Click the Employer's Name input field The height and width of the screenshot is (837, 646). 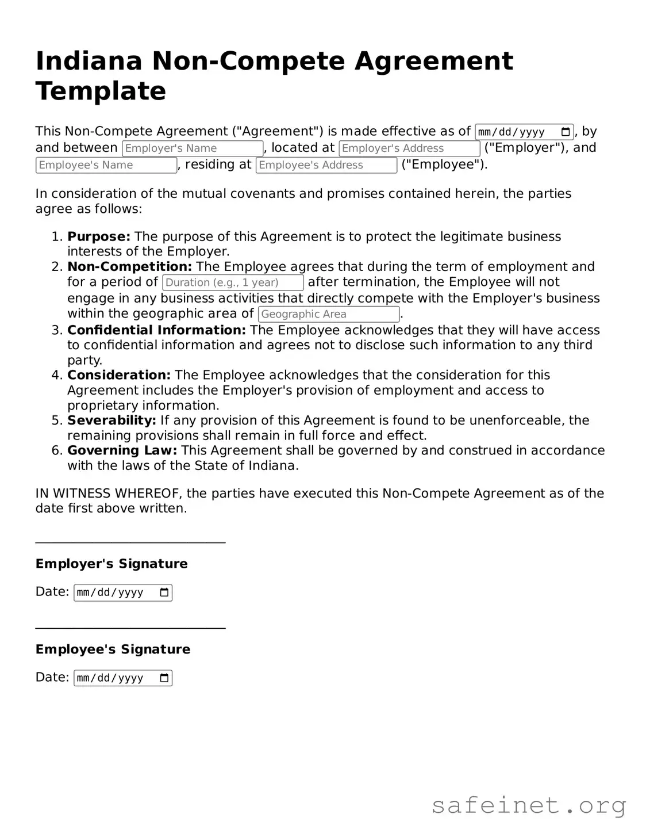tap(193, 148)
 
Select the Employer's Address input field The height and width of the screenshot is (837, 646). tap(409, 148)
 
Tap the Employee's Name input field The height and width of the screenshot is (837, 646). tap(106, 165)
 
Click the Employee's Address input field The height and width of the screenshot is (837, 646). tap(326, 165)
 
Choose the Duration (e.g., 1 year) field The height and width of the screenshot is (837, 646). tap(233, 282)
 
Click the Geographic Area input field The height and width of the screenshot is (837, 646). tap(329, 314)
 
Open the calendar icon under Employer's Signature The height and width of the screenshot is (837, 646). tap(164, 593)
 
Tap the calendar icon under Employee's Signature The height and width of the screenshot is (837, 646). tap(164, 678)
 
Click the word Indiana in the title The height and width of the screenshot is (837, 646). tap(89, 61)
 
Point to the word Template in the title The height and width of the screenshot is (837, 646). tap(101, 91)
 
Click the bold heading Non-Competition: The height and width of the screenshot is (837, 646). tap(129, 266)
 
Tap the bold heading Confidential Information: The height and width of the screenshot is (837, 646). tap(156, 330)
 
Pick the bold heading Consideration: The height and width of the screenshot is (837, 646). tap(119, 375)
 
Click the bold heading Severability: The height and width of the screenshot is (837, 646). tap(111, 420)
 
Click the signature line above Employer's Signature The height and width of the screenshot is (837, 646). tap(130, 542)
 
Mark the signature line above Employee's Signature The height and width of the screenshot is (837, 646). tap(130, 628)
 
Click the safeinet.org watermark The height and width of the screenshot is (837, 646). tap(529, 805)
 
